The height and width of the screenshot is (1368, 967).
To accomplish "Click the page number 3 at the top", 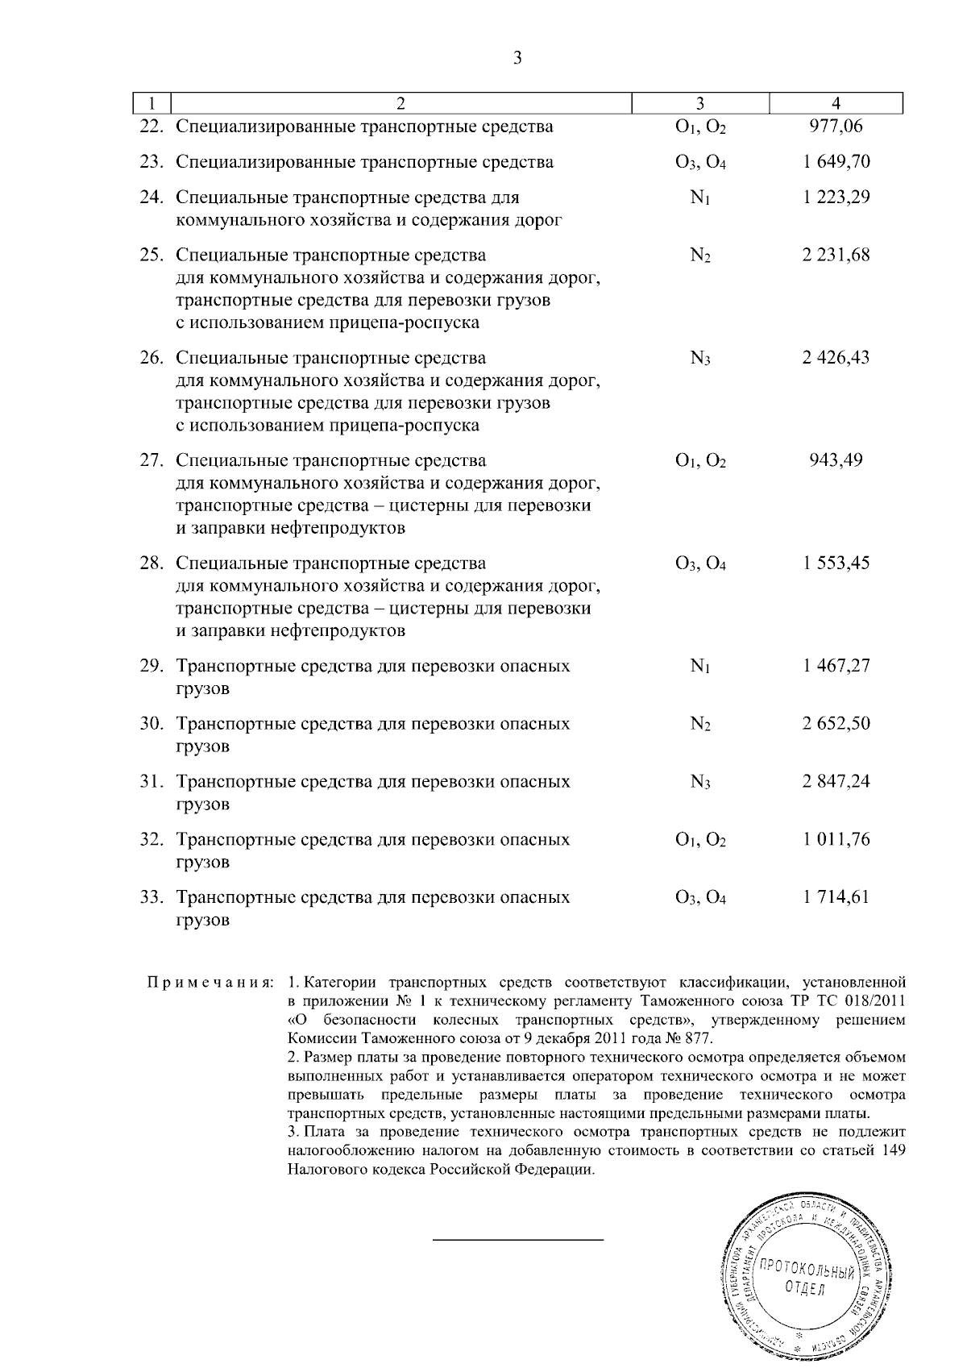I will coord(517,57).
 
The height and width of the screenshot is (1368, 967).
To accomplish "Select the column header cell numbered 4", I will coord(836,103).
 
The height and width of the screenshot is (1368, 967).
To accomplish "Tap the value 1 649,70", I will coord(836,162).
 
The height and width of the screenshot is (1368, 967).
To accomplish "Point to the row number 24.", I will coord(152,198).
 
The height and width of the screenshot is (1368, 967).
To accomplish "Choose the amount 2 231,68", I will coord(836,256).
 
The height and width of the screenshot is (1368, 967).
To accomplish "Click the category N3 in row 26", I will coord(700,358).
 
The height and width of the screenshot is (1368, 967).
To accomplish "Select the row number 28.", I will coord(152,563).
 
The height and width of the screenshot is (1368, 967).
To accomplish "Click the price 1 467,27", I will coord(836,666).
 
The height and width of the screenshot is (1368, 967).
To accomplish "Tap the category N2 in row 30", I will coord(700,724).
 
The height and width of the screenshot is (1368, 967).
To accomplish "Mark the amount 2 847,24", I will coord(836,781).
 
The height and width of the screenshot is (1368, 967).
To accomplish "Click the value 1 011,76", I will coord(836,839).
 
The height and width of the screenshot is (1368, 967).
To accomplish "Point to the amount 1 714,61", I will coord(836,897).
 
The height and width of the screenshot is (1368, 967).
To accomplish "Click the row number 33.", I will coord(152,897).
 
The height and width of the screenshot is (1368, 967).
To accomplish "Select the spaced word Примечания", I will coord(210,983).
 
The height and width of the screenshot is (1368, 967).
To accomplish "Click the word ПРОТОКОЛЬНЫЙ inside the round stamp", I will coord(807,1270).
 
